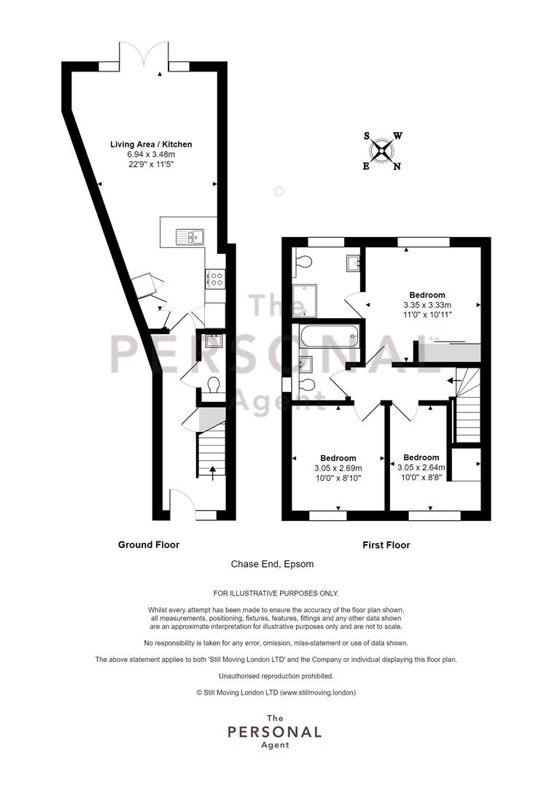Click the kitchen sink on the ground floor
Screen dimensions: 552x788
(x=190, y=236)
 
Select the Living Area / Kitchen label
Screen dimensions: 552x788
(x=151, y=144)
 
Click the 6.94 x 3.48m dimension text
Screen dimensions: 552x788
(x=151, y=154)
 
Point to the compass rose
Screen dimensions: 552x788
(x=382, y=150)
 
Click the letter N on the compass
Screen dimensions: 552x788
(x=397, y=166)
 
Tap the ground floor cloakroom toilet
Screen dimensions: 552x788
(x=213, y=385)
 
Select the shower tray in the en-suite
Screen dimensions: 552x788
(x=306, y=301)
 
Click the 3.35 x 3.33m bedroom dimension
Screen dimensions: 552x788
(x=427, y=305)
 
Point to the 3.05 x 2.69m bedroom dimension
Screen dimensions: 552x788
(x=338, y=468)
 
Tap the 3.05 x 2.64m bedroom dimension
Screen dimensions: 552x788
(x=421, y=468)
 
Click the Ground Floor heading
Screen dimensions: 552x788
(x=149, y=545)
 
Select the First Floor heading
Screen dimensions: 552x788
(x=386, y=545)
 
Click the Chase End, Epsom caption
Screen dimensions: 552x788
(x=272, y=564)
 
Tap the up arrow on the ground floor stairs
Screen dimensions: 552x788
(x=212, y=473)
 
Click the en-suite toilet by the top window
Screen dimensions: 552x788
(x=303, y=260)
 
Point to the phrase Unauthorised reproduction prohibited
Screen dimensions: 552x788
(x=276, y=676)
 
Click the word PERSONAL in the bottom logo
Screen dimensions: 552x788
(x=275, y=732)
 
